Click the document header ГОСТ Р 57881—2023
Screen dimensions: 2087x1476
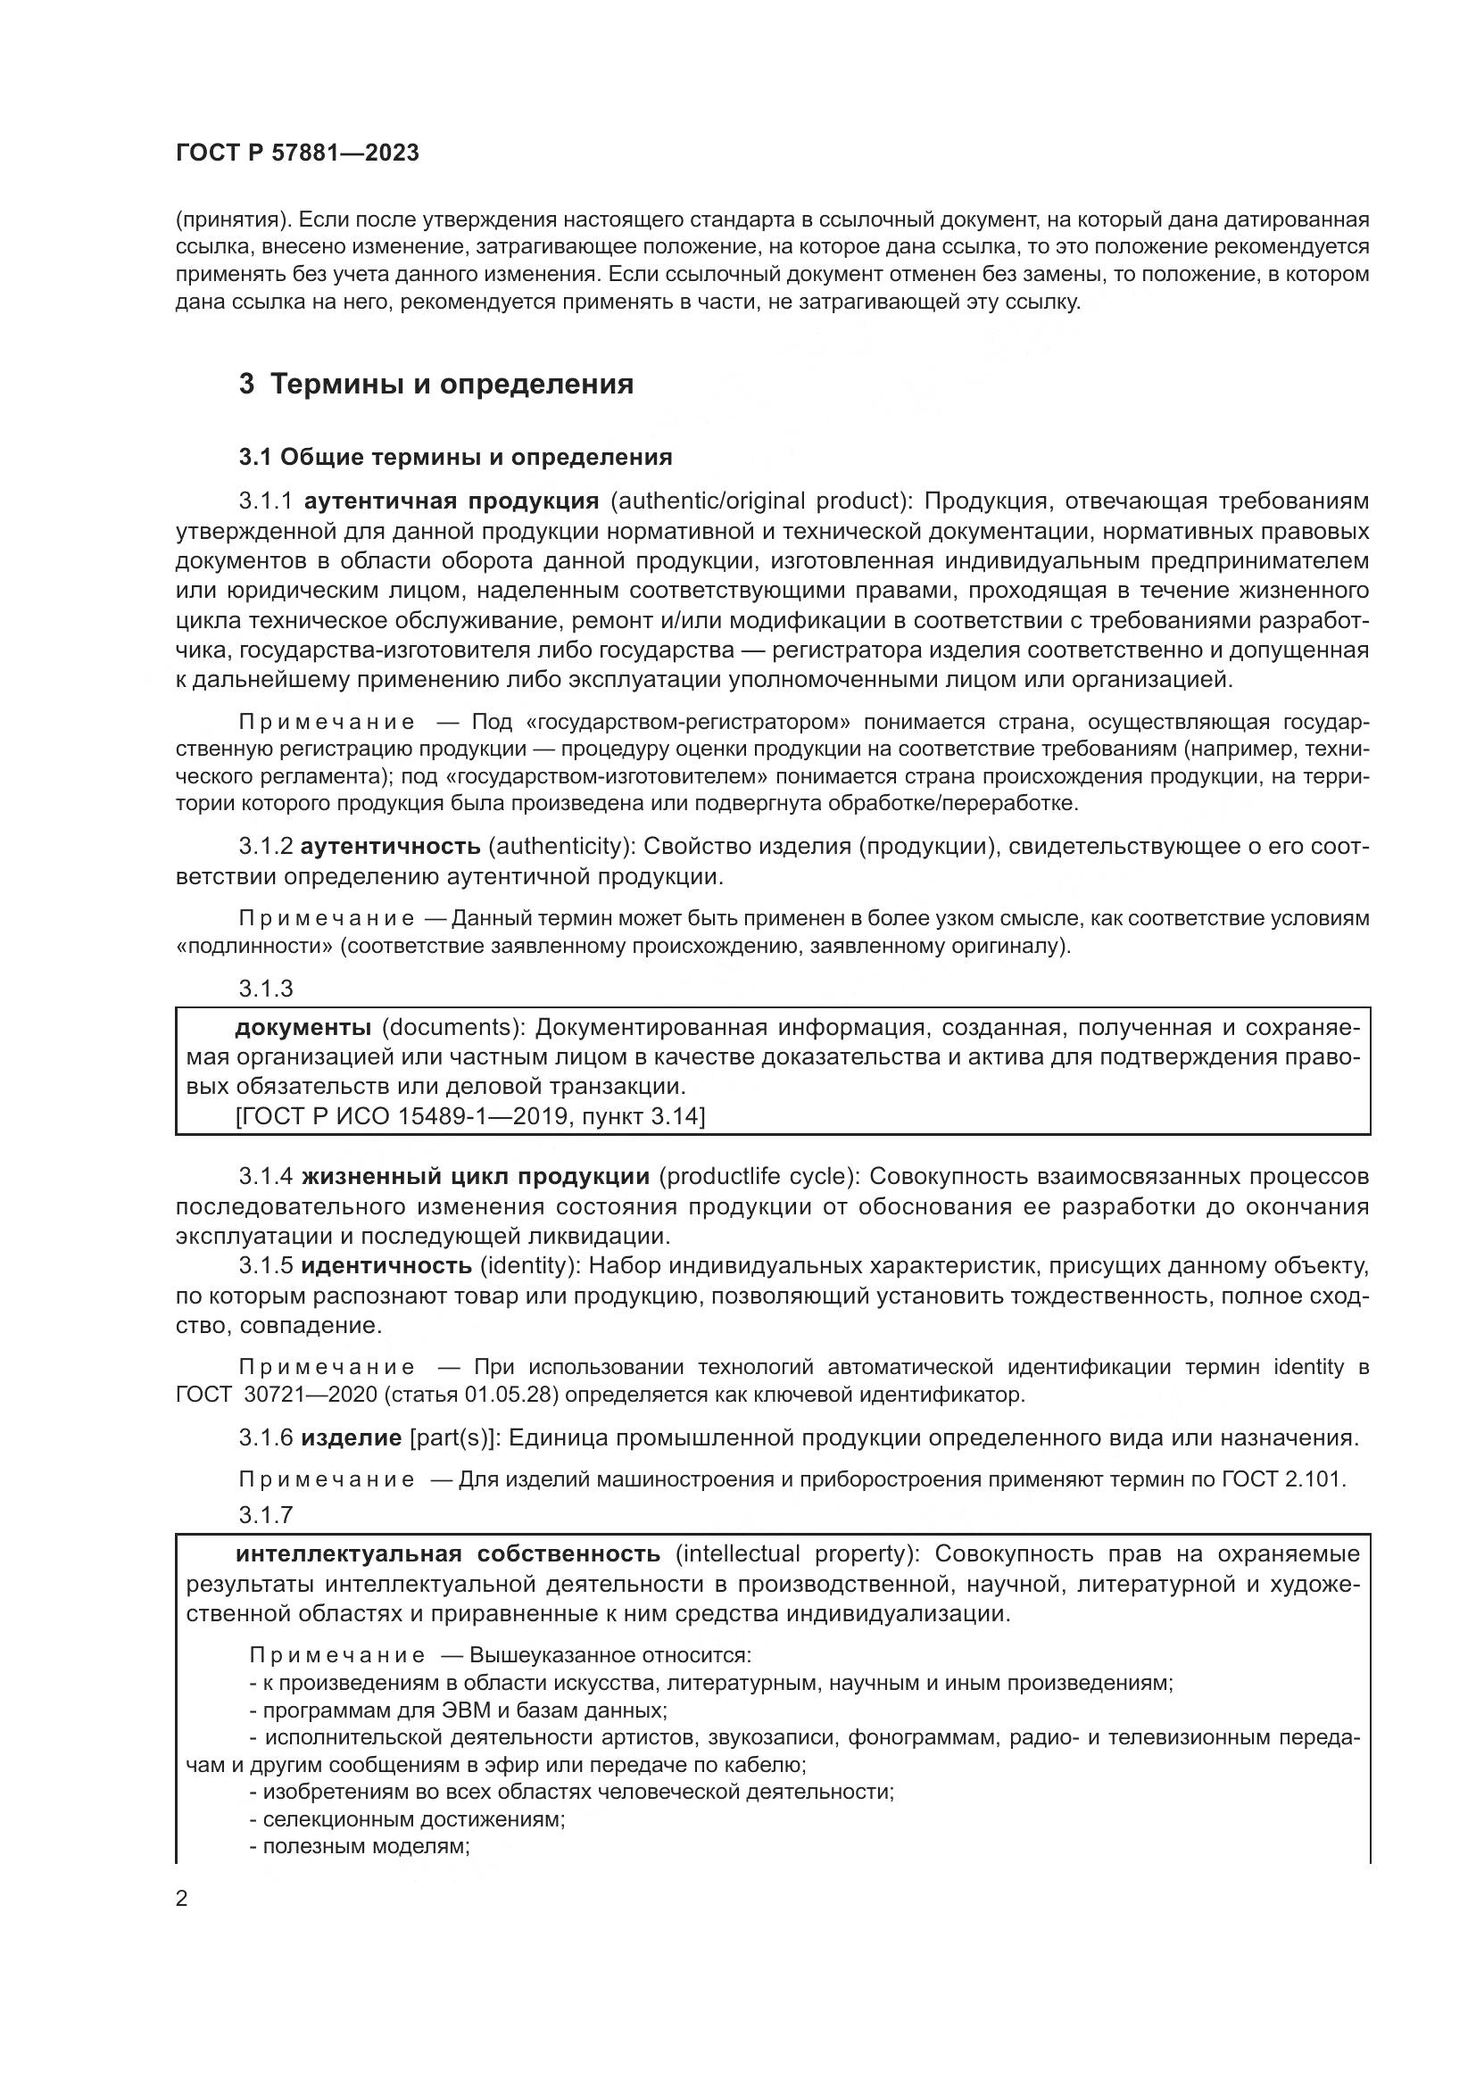tap(297, 153)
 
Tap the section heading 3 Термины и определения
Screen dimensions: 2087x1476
tap(436, 385)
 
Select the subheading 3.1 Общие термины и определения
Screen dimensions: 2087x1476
tap(455, 457)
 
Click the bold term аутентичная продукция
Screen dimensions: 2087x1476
tap(451, 501)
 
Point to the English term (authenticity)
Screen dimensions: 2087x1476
tap(561, 847)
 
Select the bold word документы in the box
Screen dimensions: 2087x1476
tap(303, 1028)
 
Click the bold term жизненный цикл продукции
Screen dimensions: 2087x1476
tap(475, 1177)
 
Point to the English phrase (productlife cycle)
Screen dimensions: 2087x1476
tap(759, 1177)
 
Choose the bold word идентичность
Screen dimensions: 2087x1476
tap(386, 1265)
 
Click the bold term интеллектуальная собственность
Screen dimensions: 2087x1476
tap(447, 1553)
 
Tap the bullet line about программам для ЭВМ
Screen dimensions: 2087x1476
tap(459, 1710)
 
